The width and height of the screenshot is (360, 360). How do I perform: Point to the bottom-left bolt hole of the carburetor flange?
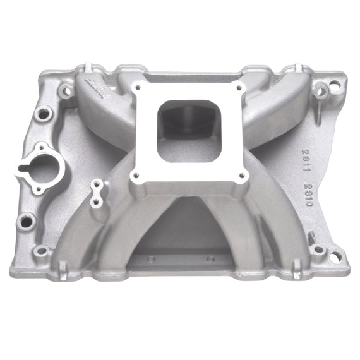coord(133,177)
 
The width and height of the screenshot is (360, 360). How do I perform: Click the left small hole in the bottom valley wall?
coord(151,258)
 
